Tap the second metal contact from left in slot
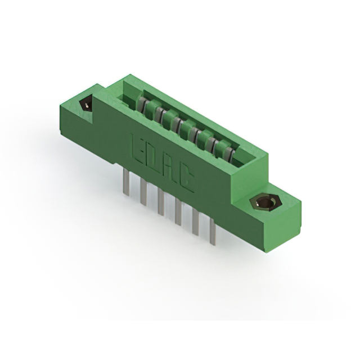(x=160, y=115)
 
